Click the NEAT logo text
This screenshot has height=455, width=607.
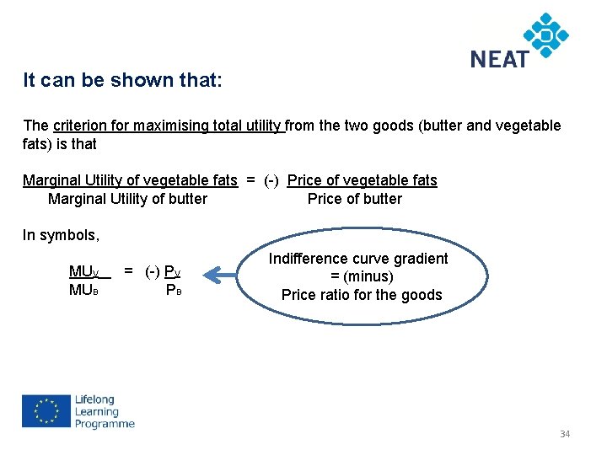pyautogui.click(x=499, y=59)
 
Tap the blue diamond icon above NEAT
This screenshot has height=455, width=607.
pyautogui.click(x=546, y=35)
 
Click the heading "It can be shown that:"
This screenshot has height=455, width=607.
pyautogui.click(x=123, y=81)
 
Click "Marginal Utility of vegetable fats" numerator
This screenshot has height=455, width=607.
pyautogui.click(x=130, y=179)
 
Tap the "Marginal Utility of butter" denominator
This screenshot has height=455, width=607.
pyautogui.click(x=127, y=199)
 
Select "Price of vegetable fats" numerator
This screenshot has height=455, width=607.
pyautogui.click(x=362, y=179)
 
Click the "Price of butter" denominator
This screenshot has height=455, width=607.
pyautogui.click(x=355, y=199)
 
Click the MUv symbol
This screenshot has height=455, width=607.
pyautogui.click(x=84, y=272)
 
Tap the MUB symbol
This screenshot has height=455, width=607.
pyautogui.click(x=83, y=291)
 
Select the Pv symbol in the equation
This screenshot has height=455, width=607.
pyautogui.click(x=172, y=272)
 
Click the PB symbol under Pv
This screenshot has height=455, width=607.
pyautogui.click(x=174, y=291)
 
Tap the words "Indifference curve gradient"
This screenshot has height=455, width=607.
pyautogui.click(x=358, y=259)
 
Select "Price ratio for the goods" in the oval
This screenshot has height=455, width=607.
pyautogui.click(x=362, y=295)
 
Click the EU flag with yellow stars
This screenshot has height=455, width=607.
pyautogui.click(x=46, y=412)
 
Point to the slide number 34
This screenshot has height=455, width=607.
pyautogui.click(x=565, y=434)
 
